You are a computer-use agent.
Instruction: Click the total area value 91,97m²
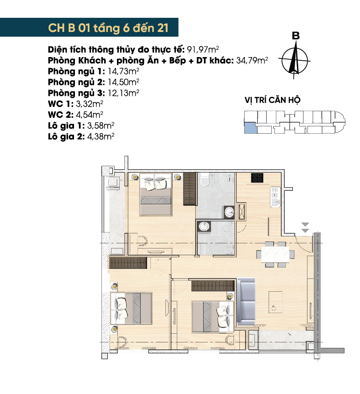click(203, 49)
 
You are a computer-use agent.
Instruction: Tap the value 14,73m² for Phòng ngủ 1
click(123, 71)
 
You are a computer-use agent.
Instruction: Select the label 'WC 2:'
click(61, 115)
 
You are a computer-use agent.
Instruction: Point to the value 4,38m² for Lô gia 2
click(101, 137)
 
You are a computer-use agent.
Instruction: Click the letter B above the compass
click(296, 36)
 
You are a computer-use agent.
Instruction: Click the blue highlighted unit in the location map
click(250, 127)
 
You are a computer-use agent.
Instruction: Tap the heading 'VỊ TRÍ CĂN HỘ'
click(272, 100)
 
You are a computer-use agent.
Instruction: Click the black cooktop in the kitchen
click(257, 178)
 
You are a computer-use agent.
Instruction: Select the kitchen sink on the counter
click(275, 197)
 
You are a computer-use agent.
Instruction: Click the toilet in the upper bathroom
click(205, 180)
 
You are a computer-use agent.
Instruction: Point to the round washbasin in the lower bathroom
click(204, 226)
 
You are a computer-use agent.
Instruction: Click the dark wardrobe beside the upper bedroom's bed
click(189, 189)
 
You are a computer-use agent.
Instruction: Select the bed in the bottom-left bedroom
click(131, 308)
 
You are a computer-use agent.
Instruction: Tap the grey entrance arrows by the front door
click(305, 227)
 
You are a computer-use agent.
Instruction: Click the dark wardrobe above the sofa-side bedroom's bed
click(213, 286)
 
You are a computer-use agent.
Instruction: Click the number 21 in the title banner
click(163, 28)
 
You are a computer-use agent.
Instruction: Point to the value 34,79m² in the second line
click(252, 61)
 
